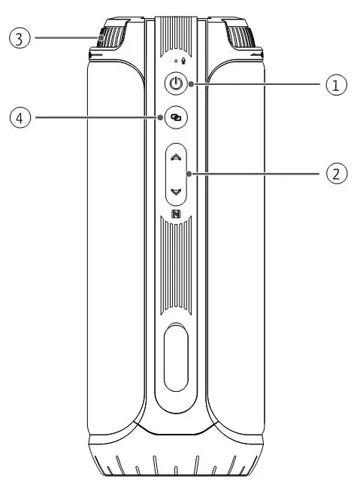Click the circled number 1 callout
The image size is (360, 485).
(335, 85)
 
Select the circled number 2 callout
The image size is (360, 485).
(335, 174)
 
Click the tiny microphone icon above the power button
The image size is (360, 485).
(183, 62)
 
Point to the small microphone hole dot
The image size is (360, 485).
(174, 62)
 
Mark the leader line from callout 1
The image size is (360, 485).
(256, 85)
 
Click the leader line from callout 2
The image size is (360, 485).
(256, 174)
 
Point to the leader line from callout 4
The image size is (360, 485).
(98, 117)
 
